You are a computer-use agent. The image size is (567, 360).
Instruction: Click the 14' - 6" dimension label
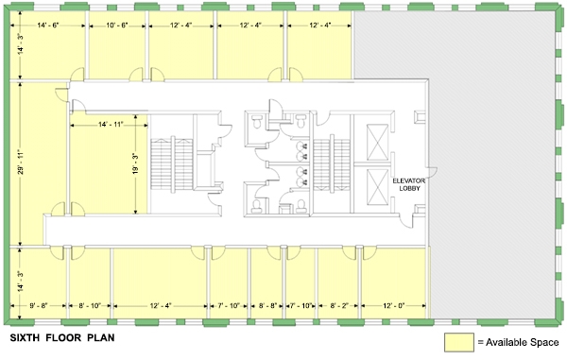coord(48,26)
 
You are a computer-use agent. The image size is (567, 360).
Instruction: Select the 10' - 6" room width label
coord(117,26)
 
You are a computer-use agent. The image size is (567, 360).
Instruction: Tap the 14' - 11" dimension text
coord(111,125)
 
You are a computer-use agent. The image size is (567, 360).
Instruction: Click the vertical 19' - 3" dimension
coord(135,163)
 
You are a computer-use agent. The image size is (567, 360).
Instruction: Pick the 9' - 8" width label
coord(38,306)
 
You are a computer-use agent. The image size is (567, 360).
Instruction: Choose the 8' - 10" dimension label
coord(90,306)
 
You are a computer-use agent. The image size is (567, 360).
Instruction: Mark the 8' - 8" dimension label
coord(268,306)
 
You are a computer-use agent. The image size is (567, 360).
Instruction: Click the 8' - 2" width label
coord(339,306)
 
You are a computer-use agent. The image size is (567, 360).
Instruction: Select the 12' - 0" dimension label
coord(393,306)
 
